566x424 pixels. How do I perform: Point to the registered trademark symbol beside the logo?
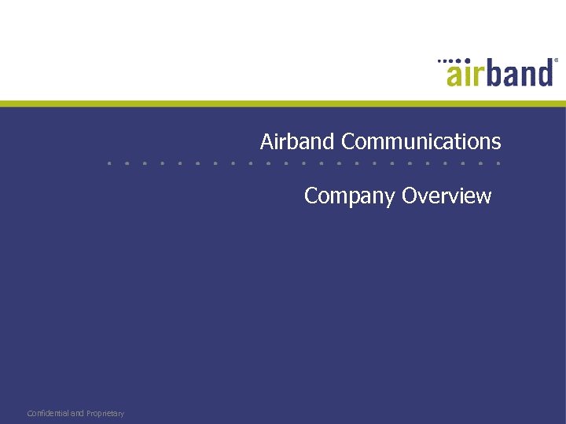pyautogui.click(x=556, y=60)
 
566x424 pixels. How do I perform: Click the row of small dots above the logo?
pyautogui.click(x=449, y=60)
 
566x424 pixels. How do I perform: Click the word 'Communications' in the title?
pyautogui.click(x=421, y=141)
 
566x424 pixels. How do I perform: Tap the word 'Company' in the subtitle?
pyautogui.click(x=350, y=196)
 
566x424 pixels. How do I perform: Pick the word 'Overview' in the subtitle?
pyautogui.click(x=447, y=196)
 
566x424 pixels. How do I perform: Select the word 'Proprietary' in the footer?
pyautogui.click(x=105, y=413)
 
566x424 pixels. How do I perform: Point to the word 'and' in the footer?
pyautogui.click(x=77, y=413)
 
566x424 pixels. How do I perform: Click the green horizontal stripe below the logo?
pyautogui.click(x=283, y=103)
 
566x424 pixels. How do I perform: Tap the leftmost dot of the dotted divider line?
pyautogui.click(x=110, y=163)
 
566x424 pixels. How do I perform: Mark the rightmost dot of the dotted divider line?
pyautogui.click(x=498, y=163)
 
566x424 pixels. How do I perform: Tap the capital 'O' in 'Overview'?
pyautogui.click(x=409, y=196)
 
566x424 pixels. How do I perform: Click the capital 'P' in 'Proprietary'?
pyautogui.click(x=89, y=413)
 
